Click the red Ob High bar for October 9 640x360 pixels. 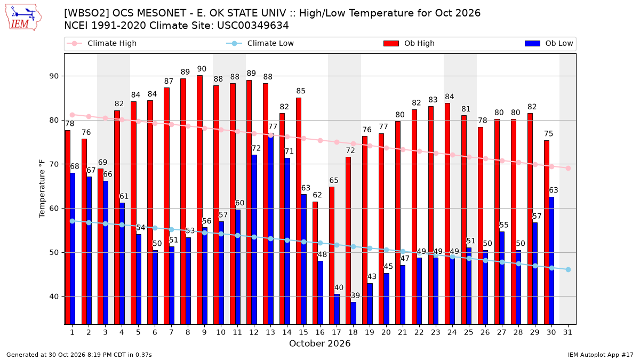click(199, 200)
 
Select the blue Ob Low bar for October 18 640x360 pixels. click(354, 313)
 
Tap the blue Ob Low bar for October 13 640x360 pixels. click(271, 229)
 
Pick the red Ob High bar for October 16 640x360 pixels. click(315, 263)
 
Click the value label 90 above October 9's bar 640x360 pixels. click(202, 69)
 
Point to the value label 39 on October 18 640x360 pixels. click(355, 295)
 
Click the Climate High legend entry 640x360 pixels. click(102, 43)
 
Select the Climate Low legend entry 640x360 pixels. click(260, 43)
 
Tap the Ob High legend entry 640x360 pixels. click(409, 43)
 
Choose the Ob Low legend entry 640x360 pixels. click(549, 43)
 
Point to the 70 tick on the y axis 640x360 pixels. click(54, 164)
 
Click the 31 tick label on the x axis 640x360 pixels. click(567, 332)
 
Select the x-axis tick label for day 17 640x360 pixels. click(337, 332)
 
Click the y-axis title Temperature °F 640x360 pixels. click(42, 189)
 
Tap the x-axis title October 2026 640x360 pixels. click(319, 343)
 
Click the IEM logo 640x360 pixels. click(23, 18)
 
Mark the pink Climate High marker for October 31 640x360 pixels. click(568, 169)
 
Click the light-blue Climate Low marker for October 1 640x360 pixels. click(73, 221)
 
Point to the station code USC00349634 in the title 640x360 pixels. click(253, 26)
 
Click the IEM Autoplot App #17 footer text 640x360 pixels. click(601, 355)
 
